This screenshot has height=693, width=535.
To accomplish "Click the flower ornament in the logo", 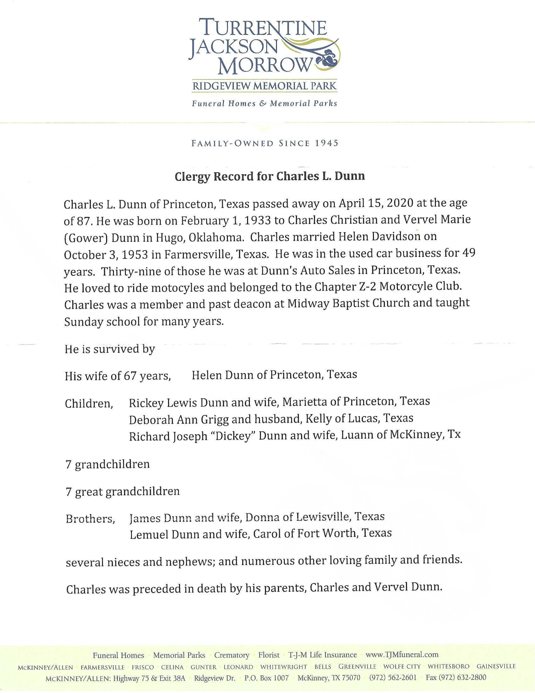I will pos(329,59).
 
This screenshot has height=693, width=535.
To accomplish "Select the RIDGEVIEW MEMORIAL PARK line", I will pos(264,86).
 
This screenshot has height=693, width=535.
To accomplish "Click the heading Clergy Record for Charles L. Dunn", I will pos(270,176).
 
